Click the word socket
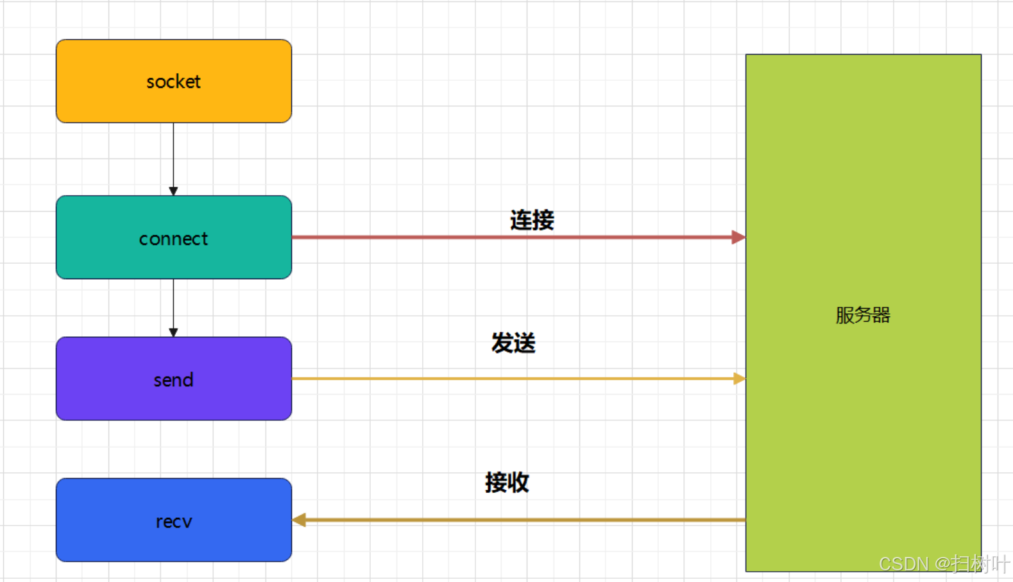click(173, 81)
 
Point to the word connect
click(173, 239)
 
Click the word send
click(173, 380)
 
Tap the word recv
click(174, 522)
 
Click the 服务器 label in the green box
click(863, 315)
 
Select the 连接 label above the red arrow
click(532, 220)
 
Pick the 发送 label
click(513, 343)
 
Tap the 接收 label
click(507, 482)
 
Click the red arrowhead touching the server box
click(738, 237)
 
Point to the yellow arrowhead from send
click(739, 379)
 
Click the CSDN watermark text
click(944, 563)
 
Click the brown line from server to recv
click(513, 520)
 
